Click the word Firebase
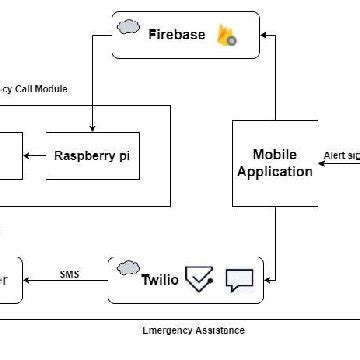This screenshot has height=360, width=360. (x=177, y=35)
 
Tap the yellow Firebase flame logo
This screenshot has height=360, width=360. (x=225, y=36)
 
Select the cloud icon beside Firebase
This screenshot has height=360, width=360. (x=127, y=26)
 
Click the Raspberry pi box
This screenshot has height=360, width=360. (x=93, y=155)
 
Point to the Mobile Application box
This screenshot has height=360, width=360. (x=274, y=163)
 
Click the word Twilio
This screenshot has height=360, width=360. (x=159, y=280)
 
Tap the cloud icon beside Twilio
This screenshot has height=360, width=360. (x=126, y=268)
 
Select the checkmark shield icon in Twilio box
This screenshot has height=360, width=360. (x=201, y=280)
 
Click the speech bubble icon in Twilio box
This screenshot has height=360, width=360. (x=240, y=280)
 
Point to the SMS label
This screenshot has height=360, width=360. (x=70, y=273)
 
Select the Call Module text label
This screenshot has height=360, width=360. (x=36, y=89)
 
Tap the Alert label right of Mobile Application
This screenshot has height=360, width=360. (x=340, y=156)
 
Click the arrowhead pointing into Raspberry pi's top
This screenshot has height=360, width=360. (x=93, y=128)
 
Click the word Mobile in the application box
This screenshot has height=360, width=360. (x=274, y=154)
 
